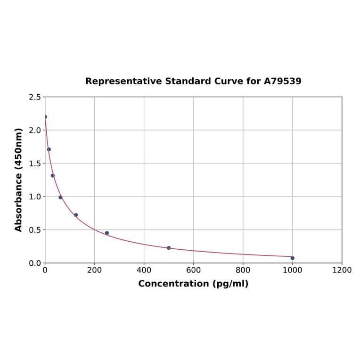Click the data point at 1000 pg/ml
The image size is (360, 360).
[292, 258]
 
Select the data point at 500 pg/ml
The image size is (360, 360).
[169, 248]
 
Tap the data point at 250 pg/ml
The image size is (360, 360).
[107, 233]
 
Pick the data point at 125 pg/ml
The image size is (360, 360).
[76, 215]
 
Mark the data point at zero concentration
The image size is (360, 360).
[45, 117]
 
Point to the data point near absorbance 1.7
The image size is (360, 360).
[49, 149]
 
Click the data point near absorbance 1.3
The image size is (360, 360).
[53, 176]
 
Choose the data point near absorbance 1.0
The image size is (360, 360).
[60, 197]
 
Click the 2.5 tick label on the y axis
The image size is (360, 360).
[34, 97]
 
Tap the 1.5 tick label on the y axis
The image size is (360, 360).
[34, 164]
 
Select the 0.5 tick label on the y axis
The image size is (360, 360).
[34, 230]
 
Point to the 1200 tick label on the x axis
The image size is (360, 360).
[342, 270]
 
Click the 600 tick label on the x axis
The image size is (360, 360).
[193, 270]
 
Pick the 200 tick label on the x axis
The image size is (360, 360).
[94, 270]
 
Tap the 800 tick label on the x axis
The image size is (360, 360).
[243, 270]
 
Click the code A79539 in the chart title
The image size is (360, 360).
[282, 81]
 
